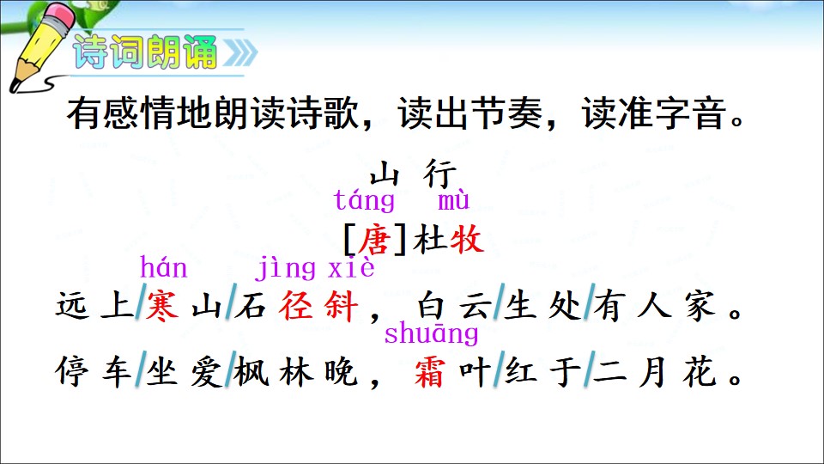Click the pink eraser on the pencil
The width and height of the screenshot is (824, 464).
click(x=62, y=15)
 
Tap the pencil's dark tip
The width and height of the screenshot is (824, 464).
click(x=15, y=86)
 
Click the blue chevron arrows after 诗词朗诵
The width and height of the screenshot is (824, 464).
click(x=240, y=52)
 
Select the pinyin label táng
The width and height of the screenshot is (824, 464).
click(x=364, y=200)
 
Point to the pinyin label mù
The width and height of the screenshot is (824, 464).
click(x=453, y=200)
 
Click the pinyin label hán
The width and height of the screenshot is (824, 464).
click(x=163, y=267)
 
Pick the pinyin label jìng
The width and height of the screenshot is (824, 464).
click(x=287, y=269)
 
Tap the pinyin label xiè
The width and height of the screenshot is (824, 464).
click(x=352, y=267)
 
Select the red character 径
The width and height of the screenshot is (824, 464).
click(x=296, y=306)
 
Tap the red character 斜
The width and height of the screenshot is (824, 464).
click(x=342, y=306)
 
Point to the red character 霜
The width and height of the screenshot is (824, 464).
click(x=430, y=372)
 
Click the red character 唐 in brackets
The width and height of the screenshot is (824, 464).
click(x=374, y=240)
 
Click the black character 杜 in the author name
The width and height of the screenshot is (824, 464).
click(x=430, y=240)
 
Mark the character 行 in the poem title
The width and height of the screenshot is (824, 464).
click(x=439, y=174)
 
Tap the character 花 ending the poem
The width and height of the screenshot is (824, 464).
click(x=700, y=372)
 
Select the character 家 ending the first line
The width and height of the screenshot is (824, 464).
click(x=700, y=306)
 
